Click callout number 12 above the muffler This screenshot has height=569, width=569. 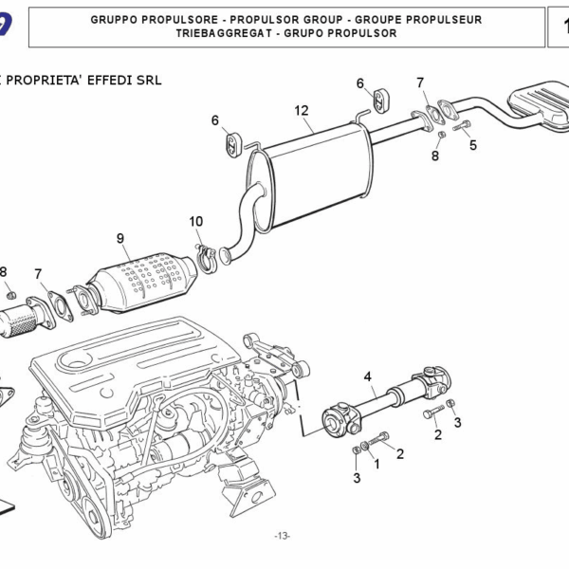(x=302, y=111)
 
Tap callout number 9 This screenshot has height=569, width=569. (x=120, y=237)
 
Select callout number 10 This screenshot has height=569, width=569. (x=195, y=222)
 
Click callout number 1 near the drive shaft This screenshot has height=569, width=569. (x=376, y=464)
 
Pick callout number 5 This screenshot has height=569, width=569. (x=472, y=145)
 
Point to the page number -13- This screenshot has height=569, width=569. (x=282, y=537)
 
